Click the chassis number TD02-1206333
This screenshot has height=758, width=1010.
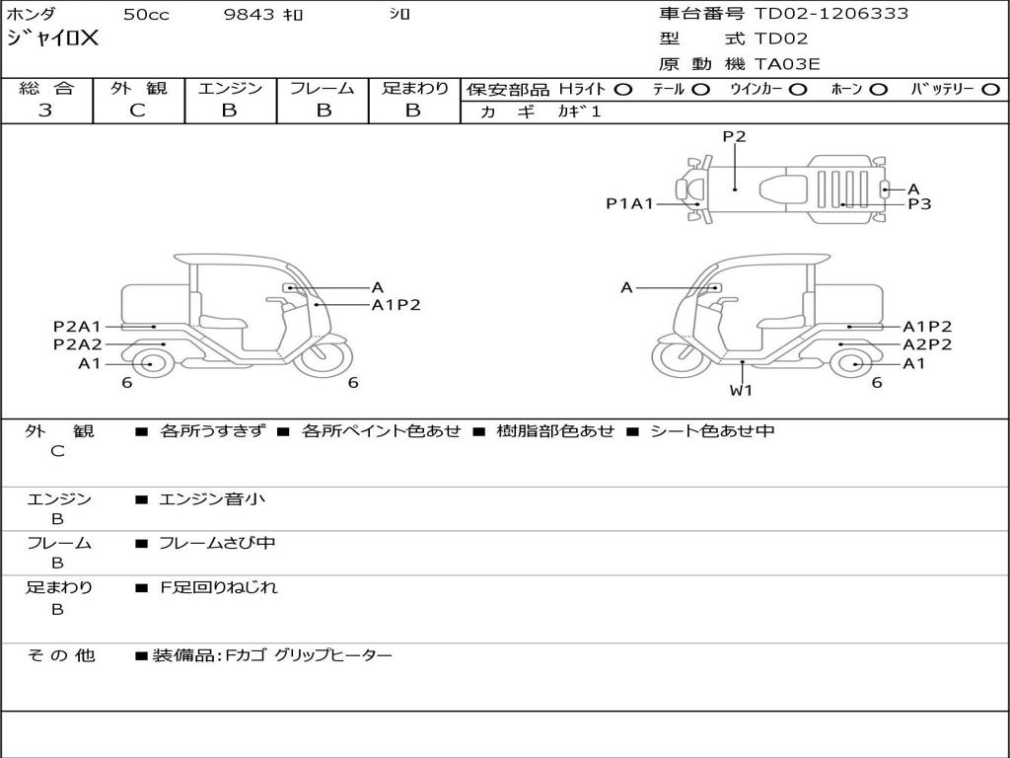[831, 14]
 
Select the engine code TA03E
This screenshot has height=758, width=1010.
[787, 65]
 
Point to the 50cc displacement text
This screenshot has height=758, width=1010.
[145, 15]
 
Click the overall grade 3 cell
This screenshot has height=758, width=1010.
[45, 111]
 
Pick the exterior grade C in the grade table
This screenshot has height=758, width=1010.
[137, 111]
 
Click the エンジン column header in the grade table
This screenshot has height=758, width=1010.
[230, 88]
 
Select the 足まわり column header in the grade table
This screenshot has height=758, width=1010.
[414, 88]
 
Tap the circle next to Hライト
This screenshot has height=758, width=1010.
[623, 89]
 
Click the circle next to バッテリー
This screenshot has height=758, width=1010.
[990, 89]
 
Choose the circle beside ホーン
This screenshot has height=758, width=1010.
[879, 89]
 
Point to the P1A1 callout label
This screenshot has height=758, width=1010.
[629, 204]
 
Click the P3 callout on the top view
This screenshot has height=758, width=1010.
[919, 204]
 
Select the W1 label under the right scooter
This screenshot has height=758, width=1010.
[741, 390]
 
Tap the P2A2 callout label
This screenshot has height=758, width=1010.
[77, 344]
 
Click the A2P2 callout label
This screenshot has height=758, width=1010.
[927, 344]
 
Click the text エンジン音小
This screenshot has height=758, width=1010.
[212, 499]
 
